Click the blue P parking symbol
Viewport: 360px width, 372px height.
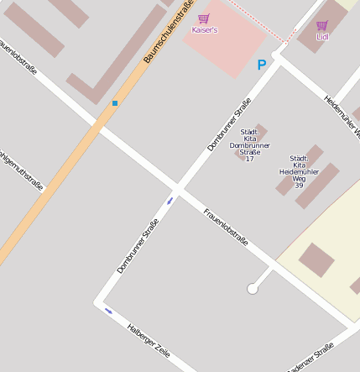coord(261,65)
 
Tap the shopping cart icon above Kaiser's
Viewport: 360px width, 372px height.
coord(204,18)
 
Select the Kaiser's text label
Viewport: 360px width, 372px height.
coord(204,29)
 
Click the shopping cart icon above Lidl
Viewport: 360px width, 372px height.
coord(322,25)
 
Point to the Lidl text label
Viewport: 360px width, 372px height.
coord(322,36)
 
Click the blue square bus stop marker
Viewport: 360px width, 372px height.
coord(114,102)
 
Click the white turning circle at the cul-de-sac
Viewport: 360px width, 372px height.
coord(253,289)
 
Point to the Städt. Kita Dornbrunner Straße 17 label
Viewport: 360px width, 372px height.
coord(248,145)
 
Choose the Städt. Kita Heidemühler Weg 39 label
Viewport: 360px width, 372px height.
coord(299,171)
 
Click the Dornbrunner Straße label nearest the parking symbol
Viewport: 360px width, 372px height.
coord(229,124)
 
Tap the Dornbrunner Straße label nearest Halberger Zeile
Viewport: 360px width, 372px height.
coord(138,245)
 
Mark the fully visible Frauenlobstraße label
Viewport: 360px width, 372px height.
coord(226,227)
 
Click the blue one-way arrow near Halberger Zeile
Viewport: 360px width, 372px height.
coord(108,312)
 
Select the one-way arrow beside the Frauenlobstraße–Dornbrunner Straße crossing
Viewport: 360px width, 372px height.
coord(170,200)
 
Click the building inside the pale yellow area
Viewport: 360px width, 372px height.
coord(316,259)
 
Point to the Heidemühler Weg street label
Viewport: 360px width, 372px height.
coord(342,115)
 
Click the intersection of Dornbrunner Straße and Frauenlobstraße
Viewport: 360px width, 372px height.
coord(178,186)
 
